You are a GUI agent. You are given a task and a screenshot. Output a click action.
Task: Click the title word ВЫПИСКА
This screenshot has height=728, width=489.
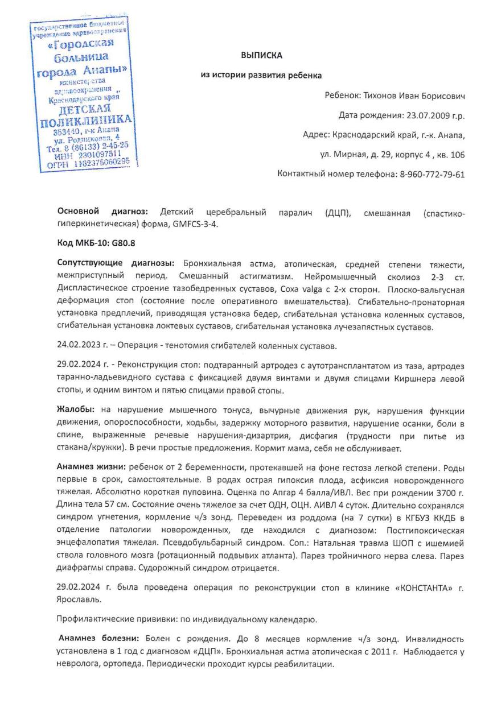click(261, 55)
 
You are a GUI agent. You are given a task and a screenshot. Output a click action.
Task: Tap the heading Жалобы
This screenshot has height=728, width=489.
click(76, 410)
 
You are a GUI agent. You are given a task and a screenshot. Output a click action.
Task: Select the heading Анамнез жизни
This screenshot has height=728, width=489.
click(91, 466)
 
